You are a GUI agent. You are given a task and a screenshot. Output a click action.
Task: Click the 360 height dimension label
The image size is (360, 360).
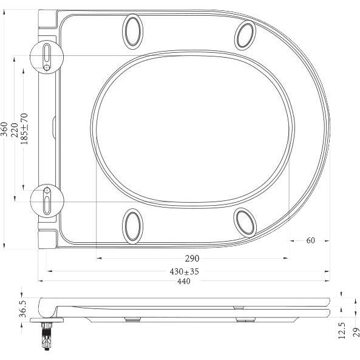click(x=4, y=129)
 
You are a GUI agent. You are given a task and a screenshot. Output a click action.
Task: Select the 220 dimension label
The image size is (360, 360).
click(x=15, y=130)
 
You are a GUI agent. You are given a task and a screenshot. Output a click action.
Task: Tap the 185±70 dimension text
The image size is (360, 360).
click(x=24, y=129)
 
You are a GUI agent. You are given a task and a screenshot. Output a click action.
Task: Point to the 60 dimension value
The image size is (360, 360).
click(x=310, y=240)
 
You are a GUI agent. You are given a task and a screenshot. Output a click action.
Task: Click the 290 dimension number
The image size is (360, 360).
click(x=192, y=259)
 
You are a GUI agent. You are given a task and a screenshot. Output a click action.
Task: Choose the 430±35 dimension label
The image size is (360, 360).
click(x=184, y=271)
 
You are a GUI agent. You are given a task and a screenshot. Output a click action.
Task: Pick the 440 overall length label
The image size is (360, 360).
click(x=184, y=281)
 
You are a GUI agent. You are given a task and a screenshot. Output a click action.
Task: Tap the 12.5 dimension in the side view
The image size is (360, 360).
click(x=342, y=331)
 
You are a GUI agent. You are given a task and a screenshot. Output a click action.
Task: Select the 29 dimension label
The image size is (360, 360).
click(x=356, y=332)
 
